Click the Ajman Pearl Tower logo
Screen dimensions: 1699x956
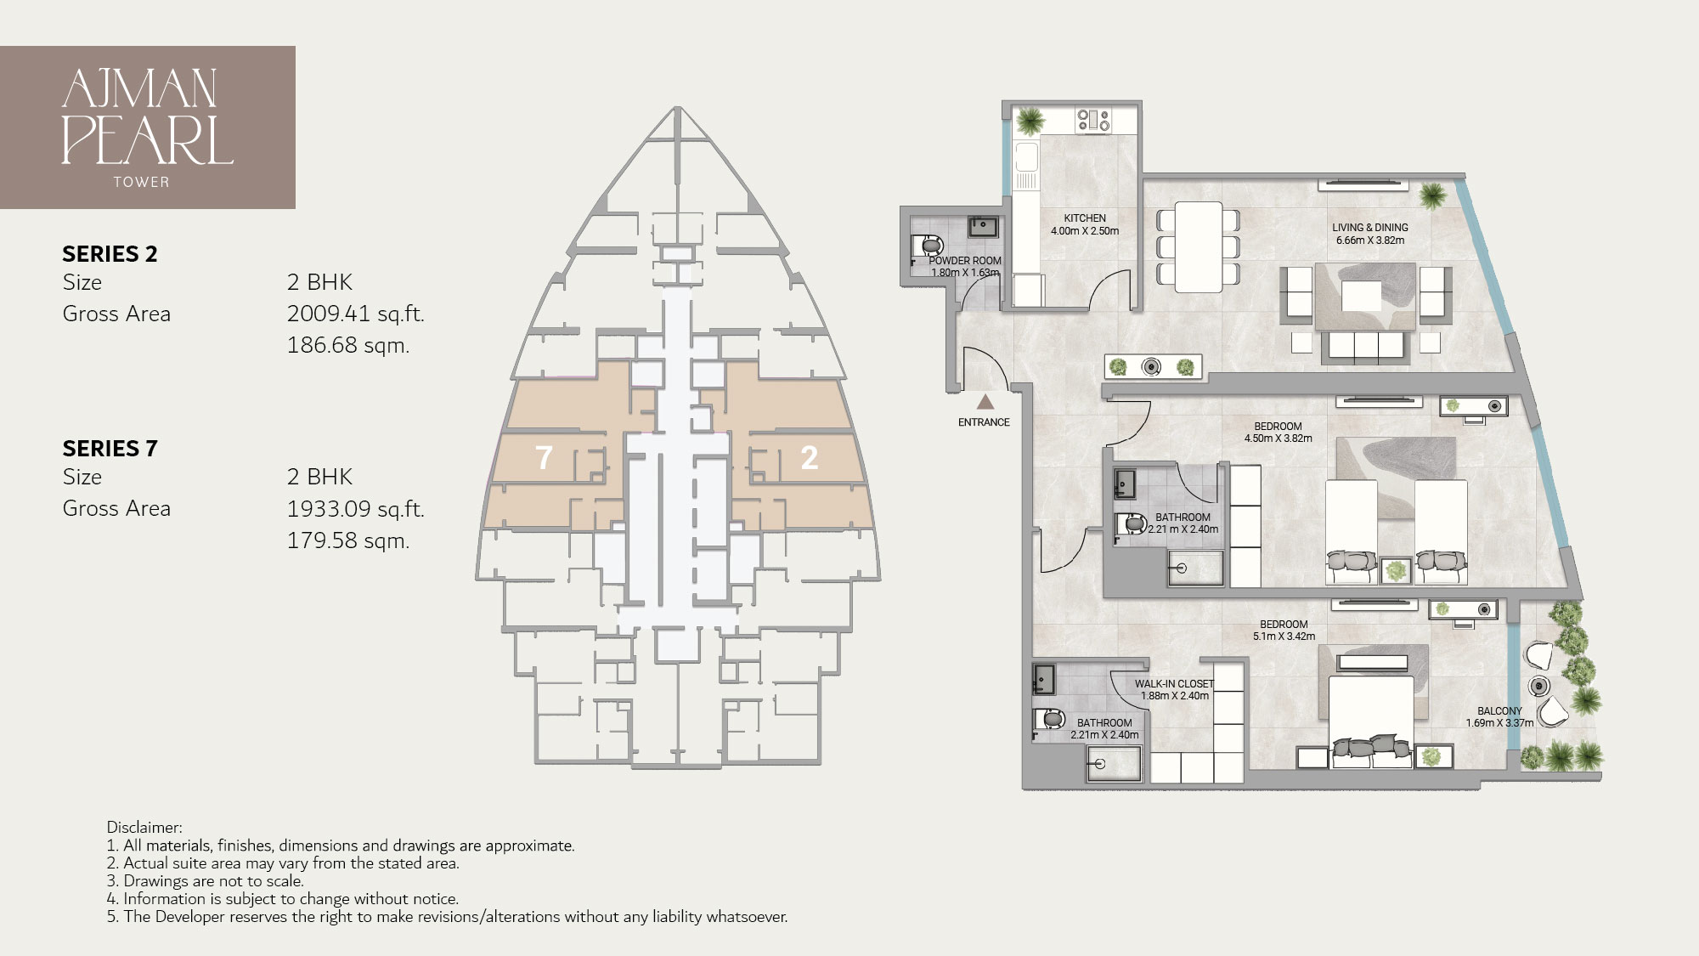pos(148,127)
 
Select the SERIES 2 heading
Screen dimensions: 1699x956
pos(110,254)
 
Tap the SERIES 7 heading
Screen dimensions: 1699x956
pos(110,449)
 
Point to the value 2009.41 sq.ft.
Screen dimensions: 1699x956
pos(355,314)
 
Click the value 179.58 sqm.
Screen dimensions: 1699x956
pos(348,540)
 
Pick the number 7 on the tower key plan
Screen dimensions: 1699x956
pos(544,458)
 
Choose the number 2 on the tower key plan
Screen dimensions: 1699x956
pos(810,458)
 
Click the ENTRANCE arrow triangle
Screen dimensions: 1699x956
pos(985,402)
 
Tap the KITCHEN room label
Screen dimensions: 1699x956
pos(1085,218)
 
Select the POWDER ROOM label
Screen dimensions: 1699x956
pos(965,261)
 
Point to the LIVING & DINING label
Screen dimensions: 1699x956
pos(1370,228)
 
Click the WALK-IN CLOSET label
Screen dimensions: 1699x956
pos(1174,684)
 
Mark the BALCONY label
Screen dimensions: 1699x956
pos(1499,711)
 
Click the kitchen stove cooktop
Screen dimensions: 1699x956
pos(1093,120)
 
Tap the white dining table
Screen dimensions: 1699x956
pos(1199,244)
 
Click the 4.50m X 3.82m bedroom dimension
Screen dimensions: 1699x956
pos(1278,438)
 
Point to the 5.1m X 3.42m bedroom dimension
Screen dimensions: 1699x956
pos(1284,636)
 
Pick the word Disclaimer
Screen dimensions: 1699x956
pos(144,828)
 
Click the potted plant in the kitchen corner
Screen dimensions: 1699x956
pos(1030,120)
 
